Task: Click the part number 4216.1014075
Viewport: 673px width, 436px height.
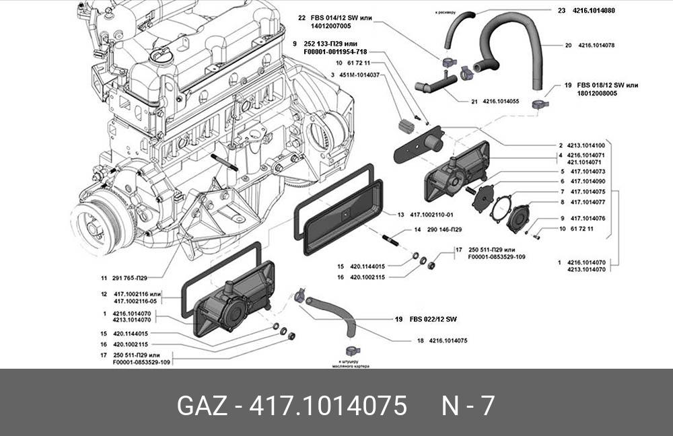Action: coord(446,340)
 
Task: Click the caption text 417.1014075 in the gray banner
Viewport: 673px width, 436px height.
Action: coord(328,406)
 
